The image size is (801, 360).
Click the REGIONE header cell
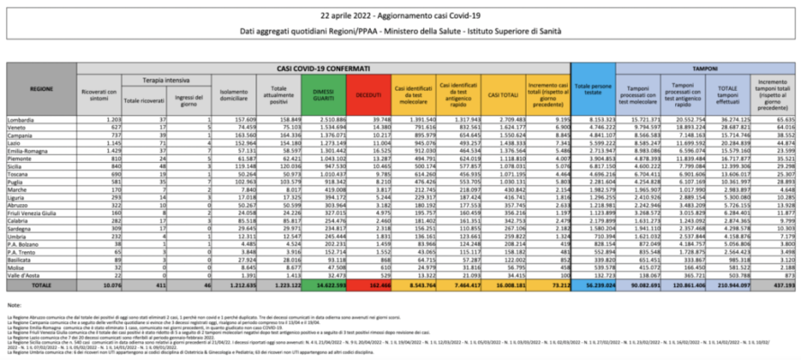pos(41,89)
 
